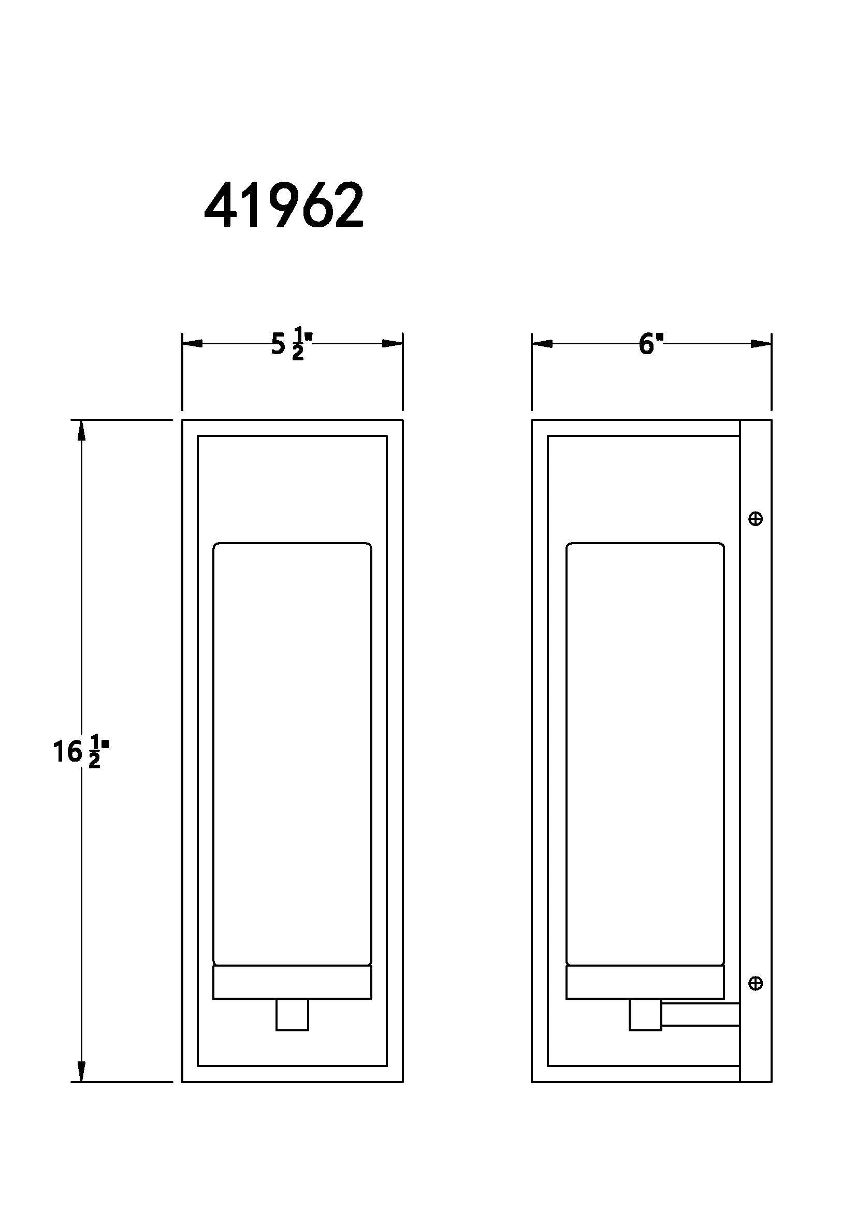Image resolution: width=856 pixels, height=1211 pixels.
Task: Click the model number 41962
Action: point(284,206)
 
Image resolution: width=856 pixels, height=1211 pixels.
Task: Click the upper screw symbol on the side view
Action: point(755,519)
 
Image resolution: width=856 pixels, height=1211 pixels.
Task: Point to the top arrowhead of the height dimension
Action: point(81,430)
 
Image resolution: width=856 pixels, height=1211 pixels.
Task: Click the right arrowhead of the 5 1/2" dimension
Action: point(393,344)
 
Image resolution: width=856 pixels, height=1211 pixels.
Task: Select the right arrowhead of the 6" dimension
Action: point(761,344)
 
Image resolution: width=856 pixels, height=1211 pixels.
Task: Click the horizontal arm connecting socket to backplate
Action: point(701,1015)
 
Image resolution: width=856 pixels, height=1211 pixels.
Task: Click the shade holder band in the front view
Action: point(292,982)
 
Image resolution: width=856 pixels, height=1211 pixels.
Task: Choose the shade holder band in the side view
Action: point(645,982)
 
